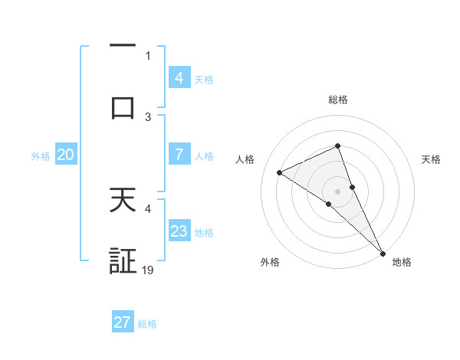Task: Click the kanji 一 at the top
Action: pos(123,47)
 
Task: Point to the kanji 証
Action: pos(123,260)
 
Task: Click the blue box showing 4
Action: pos(179,77)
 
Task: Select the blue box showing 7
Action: pos(179,155)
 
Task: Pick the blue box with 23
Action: pos(179,231)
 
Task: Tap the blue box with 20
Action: pos(65,155)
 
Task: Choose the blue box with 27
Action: pos(123,322)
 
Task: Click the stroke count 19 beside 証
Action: pos(149,270)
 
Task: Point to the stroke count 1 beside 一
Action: pos(148,56)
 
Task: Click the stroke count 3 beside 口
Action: pos(148,116)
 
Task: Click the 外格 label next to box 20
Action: pos(41,156)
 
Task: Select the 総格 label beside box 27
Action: pos(147,324)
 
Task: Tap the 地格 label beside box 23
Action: pos(204,233)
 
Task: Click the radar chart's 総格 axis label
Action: pos(337,100)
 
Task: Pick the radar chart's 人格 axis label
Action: pos(245,159)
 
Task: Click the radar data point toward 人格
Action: pos(280,172)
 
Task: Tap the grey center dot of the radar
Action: pos(337,191)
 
